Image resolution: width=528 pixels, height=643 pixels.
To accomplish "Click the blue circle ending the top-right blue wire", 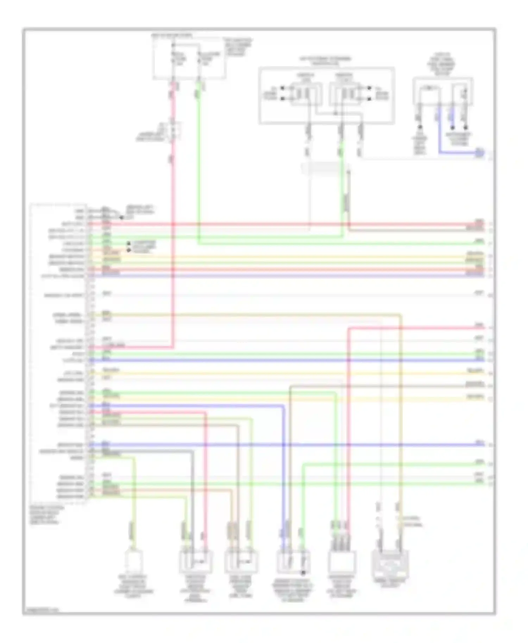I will pyautogui.click(x=479, y=153).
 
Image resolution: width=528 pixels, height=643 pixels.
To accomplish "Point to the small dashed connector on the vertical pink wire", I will pyautogui.click(x=175, y=131).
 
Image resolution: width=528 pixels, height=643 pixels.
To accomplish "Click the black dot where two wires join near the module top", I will pyautogui.click(x=121, y=217).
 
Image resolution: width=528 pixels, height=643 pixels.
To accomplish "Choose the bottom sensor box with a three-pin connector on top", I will pyautogui.click(x=342, y=561).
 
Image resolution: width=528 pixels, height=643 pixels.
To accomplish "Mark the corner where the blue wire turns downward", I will pyautogui.click(x=283, y=406).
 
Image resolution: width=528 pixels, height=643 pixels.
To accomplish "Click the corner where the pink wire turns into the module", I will pyautogui.click(x=173, y=348).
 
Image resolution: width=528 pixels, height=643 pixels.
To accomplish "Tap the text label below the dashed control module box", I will pyautogui.click(x=47, y=515).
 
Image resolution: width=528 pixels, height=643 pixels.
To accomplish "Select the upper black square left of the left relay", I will pyautogui.click(x=282, y=88).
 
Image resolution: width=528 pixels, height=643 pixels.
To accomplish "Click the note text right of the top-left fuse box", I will pyautogui.click(x=239, y=48).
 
